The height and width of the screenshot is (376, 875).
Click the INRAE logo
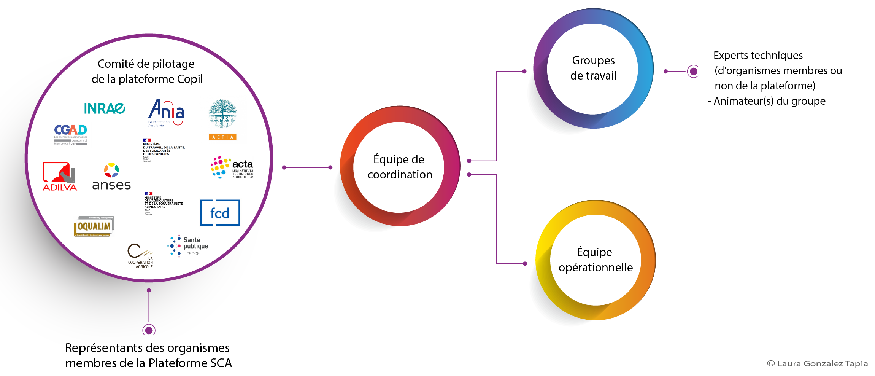tap(105, 108)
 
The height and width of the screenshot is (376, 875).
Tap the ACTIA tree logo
tap(222, 119)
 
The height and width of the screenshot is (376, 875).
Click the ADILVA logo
tap(60, 176)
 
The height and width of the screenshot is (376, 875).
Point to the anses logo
tap(111, 177)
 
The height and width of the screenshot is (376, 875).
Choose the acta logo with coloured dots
tap(232, 167)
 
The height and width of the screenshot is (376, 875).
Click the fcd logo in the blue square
tap(220, 213)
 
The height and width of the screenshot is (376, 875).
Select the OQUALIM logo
tap(94, 226)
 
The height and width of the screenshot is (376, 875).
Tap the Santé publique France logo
tap(188, 246)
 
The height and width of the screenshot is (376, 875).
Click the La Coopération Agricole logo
tap(140, 256)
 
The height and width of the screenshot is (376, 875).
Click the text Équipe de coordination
tap(400, 167)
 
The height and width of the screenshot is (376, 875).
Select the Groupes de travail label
tap(593, 68)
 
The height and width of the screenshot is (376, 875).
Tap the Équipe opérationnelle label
tap(596, 260)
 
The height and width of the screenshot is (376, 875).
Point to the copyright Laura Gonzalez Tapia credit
tap(817, 363)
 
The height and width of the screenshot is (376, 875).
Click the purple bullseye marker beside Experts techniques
tap(693, 71)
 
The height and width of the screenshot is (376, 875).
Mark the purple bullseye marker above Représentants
tap(149, 330)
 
